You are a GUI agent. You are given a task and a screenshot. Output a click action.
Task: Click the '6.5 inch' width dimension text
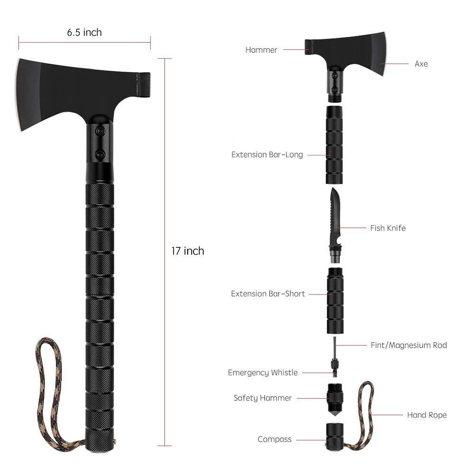point(84,32)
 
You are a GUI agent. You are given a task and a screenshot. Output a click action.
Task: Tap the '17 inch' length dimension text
point(188,251)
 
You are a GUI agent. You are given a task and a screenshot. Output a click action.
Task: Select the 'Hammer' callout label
point(261,50)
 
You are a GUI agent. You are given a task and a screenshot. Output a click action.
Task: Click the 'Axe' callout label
point(421,64)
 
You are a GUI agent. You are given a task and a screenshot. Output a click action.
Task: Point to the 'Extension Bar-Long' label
point(267,155)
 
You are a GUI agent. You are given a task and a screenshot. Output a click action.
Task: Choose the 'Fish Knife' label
point(388,228)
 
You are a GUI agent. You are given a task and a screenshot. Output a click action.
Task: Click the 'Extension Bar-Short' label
point(268,293)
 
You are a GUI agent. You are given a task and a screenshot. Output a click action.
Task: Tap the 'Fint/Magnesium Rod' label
point(409,345)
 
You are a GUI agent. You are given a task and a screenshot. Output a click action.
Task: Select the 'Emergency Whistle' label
point(263,373)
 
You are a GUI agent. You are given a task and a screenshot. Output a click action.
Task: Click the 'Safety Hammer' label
point(263,398)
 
